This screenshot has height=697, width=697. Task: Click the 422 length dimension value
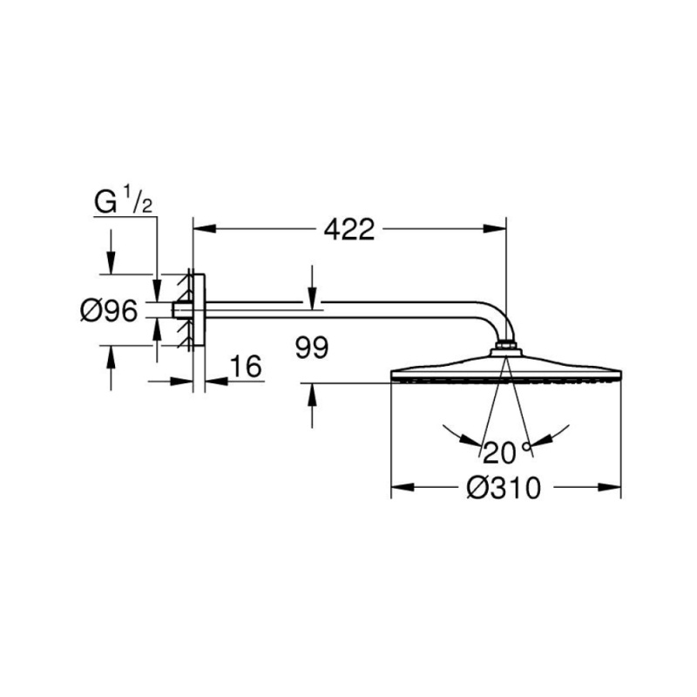(x=349, y=230)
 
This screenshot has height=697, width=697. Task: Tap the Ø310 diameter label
(x=504, y=488)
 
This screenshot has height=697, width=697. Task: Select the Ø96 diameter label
(x=109, y=310)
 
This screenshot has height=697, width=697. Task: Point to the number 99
(x=312, y=347)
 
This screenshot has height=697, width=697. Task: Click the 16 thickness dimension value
(x=246, y=367)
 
